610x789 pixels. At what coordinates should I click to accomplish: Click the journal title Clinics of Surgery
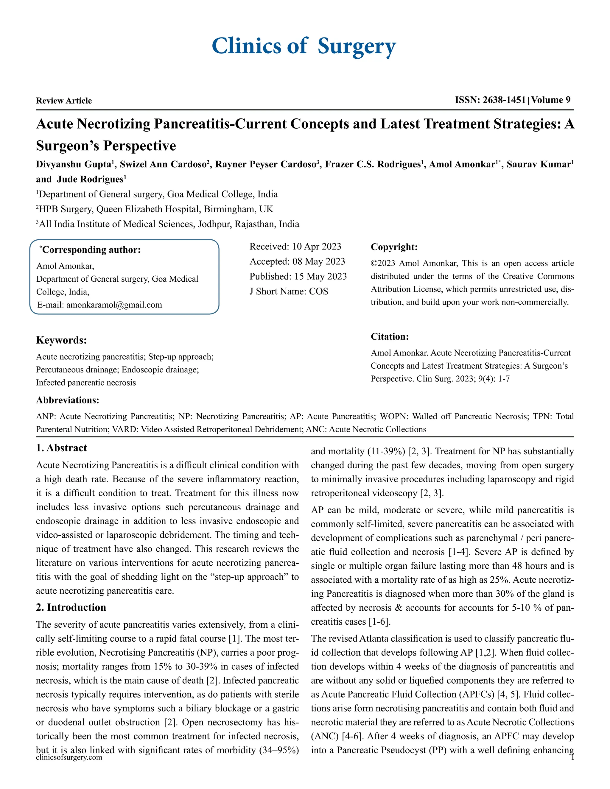tap(304, 46)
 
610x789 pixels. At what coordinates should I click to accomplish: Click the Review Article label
tap(64, 101)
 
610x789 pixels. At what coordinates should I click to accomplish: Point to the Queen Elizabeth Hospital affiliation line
tap(155, 209)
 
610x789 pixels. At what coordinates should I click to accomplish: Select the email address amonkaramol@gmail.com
tap(114, 305)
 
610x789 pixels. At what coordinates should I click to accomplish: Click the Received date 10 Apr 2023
tap(316, 247)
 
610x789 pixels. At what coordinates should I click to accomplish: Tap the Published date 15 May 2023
tap(320, 276)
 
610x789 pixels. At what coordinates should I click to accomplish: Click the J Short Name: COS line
tap(289, 291)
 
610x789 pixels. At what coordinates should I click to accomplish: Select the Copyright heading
tap(394, 247)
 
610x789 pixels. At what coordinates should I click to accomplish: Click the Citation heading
tap(390, 337)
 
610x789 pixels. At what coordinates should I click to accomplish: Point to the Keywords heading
tap(61, 340)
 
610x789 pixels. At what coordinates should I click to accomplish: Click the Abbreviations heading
tap(67, 400)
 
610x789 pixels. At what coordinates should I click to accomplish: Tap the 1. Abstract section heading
tap(61, 448)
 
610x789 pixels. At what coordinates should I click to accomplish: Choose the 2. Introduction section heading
tap(71, 607)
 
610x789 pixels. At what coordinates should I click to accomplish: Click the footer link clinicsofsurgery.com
tap(69, 757)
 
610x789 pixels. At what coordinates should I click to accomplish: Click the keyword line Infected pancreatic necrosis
tap(86, 383)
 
